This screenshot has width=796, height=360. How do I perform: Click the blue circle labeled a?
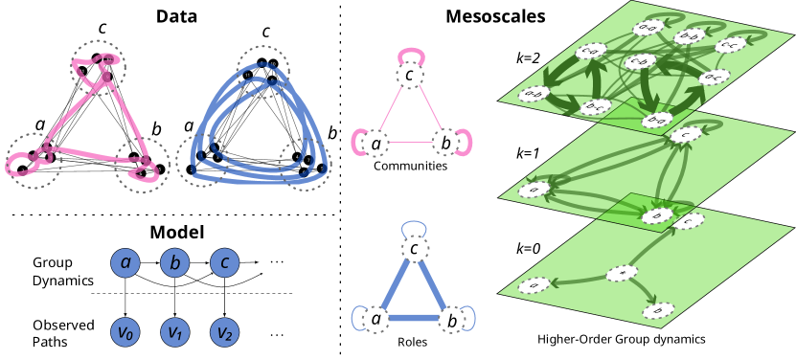click(125, 262)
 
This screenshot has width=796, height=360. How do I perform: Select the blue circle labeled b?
click(174, 262)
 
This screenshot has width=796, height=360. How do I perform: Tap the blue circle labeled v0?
click(125, 332)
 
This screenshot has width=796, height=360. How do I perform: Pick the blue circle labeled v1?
click(174, 332)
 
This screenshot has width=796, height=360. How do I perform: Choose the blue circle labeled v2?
click(224, 332)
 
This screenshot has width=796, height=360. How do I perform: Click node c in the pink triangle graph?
click(410, 75)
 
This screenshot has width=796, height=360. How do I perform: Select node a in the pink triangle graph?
click(375, 144)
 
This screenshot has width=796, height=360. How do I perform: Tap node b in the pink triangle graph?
click(444, 144)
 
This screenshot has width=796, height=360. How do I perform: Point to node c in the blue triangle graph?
click(414, 250)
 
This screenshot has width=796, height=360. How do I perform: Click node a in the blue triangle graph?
click(375, 319)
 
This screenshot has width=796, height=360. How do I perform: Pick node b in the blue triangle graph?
click(451, 320)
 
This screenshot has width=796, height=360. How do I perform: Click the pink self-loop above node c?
click(410, 54)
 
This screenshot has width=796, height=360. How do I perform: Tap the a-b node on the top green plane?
click(534, 94)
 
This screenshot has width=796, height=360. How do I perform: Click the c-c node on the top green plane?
click(730, 44)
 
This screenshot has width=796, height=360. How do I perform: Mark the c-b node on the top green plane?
click(640, 61)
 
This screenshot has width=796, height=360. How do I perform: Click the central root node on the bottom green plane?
click(622, 274)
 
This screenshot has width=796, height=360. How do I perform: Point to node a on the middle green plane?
click(534, 190)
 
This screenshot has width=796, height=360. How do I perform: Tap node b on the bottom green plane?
click(658, 310)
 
